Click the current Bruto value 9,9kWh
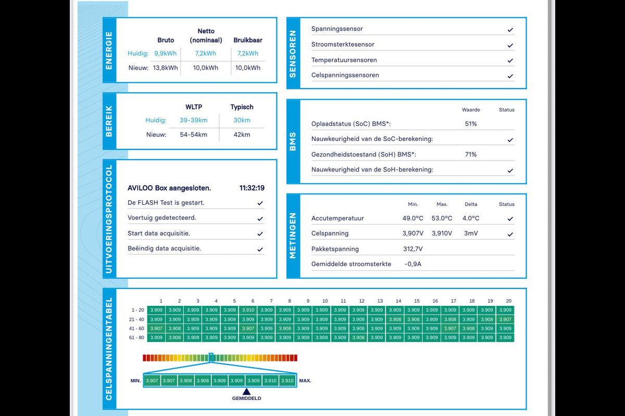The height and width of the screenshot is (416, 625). click(x=165, y=53)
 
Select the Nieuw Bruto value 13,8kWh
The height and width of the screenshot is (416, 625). click(x=165, y=68)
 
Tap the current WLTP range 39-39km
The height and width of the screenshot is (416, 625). click(x=193, y=120)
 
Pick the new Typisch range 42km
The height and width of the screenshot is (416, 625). click(x=242, y=135)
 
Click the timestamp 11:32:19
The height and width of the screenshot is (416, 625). click(x=252, y=188)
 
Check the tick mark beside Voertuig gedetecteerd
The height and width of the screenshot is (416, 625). click(x=260, y=218)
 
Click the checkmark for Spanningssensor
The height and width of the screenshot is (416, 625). click(x=510, y=30)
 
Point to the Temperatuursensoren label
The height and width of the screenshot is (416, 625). click(x=344, y=60)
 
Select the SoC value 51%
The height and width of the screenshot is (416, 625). click(x=471, y=124)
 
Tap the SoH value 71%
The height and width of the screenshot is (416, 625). click(x=471, y=154)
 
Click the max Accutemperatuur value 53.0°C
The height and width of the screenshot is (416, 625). click(x=442, y=218)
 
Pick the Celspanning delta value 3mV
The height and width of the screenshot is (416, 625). click(x=471, y=233)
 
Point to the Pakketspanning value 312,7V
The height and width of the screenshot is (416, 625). click(x=413, y=249)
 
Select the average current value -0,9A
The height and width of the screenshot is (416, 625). click(x=413, y=264)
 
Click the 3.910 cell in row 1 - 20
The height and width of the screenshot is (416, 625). click(x=248, y=310)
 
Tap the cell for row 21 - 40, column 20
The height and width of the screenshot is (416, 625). click(x=505, y=319)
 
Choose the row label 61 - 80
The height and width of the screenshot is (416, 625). click(x=137, y=337)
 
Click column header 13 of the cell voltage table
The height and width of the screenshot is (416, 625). click(x=380, y=301)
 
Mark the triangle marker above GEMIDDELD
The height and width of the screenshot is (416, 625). click(x=247, y=391)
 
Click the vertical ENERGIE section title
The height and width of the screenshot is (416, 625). click(x=109, y=50)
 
